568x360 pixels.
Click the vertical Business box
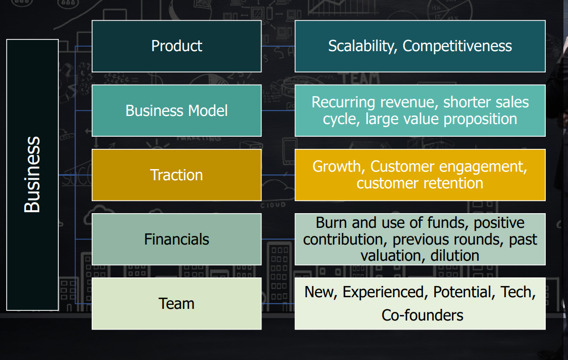click(32, 175)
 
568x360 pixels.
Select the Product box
click(176, 46)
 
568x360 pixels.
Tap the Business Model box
click(176, 110)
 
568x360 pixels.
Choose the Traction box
click(176, 175)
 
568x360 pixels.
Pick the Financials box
click(176, 239)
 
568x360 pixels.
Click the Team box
click(176, 303)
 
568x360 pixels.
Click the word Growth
click(338, 167)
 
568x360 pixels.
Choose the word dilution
click(455, 255)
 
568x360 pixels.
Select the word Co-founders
click(422, 315)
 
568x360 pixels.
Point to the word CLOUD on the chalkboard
click(273, 205)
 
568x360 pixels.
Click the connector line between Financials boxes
click(278, 239)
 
